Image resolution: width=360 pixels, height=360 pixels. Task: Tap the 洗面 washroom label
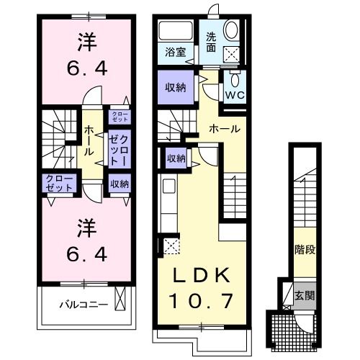tap(211, 42)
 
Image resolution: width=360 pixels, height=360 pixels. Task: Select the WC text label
tap(235, 95)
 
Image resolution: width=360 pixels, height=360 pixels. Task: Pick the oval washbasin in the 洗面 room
tap(233, 31)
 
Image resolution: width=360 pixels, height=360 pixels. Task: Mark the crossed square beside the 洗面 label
tap(232, 53)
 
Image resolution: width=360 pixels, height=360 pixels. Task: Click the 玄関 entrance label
tap(304, 295)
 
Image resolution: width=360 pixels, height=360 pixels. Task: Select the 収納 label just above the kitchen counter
tap(176, 158)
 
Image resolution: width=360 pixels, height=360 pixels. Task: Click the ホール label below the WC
tap(224, 129)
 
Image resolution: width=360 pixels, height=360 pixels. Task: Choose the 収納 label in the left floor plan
tap(119, 184)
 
